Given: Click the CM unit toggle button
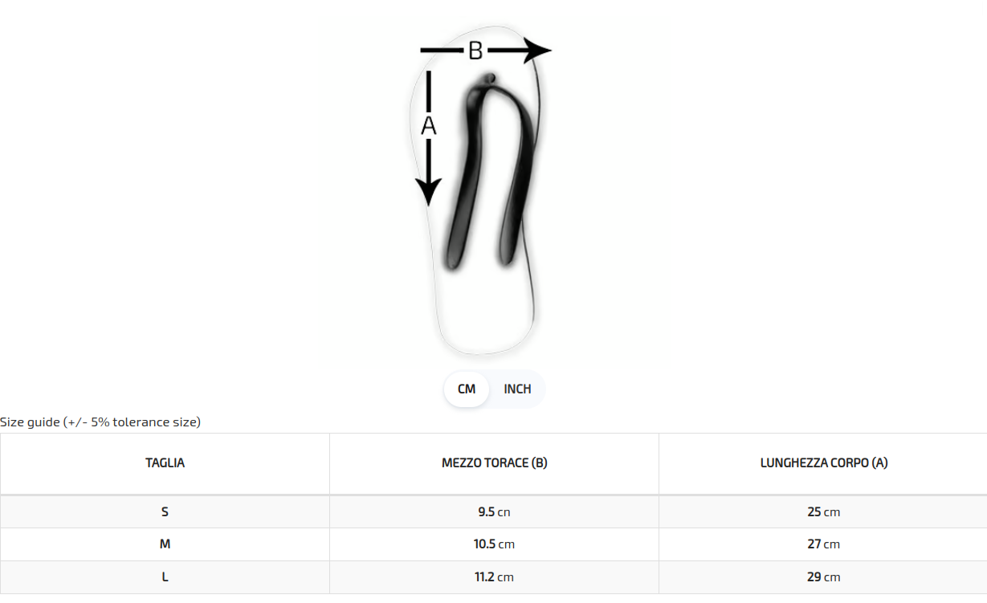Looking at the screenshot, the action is (x=466, y=389).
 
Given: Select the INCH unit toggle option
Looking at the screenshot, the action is (x=517, y=389).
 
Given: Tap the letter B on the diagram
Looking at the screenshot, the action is (x=475, y=51).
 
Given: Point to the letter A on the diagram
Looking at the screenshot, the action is (x=428, y=126).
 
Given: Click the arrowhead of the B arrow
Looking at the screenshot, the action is (x=537, y=51).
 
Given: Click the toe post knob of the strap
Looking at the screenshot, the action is (x=490, y=78).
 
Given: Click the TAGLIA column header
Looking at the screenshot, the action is (x=165, y=463).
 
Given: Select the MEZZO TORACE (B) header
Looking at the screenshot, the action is (x=495, y=463).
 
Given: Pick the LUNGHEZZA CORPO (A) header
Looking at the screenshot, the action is (x=824, y=463).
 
